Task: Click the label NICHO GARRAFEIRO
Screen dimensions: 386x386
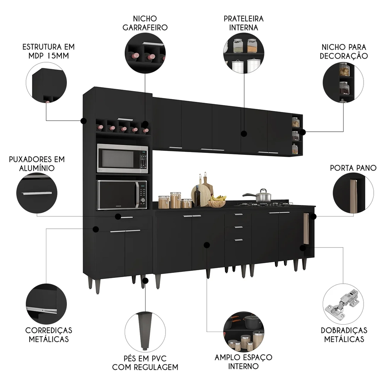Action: point(145,23)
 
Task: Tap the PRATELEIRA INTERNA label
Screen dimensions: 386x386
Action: point(243,23)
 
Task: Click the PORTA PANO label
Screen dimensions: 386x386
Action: point(353,168)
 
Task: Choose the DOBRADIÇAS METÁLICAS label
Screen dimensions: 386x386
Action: point(344,335)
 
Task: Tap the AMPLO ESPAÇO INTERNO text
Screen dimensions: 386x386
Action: point(244,362)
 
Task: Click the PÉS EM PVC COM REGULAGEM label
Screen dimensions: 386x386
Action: point(145,362)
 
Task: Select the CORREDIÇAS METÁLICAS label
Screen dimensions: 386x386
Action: point(48,335)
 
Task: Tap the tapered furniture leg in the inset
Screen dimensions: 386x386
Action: point(145,328)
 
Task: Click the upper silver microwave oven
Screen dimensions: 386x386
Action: point(122,158)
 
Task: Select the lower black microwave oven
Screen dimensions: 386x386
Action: point(122,195)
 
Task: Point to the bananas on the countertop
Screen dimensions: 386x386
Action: point(218,198)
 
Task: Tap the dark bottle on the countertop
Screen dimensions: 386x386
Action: point(198,197)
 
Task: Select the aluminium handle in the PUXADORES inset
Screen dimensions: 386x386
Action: point(37,193)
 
